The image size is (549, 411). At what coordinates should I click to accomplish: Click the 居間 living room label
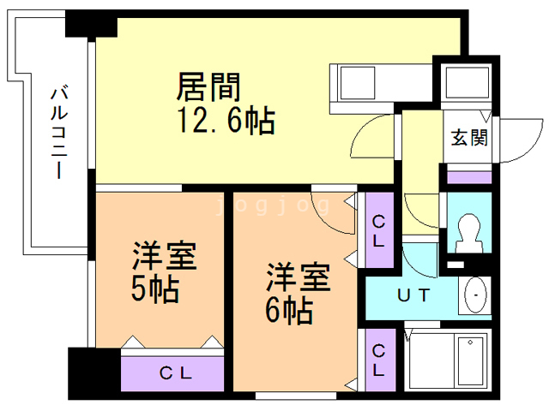tap(208, 86)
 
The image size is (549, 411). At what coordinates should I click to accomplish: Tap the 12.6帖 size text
tap(226, 121)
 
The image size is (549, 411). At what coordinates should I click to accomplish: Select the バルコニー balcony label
tap(59, 131)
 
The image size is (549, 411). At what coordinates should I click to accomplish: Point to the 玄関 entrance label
tap(469, 137)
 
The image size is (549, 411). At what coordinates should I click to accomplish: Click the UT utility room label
tap(413, 295)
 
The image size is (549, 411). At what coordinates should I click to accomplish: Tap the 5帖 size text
tap(155, 289)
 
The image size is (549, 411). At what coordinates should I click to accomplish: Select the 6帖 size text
tap(289, 310)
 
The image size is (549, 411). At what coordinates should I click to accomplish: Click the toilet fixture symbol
tap(469, 233)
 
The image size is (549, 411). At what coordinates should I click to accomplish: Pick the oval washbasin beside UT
tap(475, 295)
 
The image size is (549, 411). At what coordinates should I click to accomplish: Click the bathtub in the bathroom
tap(445, 360)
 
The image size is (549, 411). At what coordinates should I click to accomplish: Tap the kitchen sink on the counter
tap(358, 83)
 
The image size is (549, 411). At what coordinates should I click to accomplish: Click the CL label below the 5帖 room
tap(176, 373)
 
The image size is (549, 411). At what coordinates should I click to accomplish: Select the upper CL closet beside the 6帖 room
tap(379, 230)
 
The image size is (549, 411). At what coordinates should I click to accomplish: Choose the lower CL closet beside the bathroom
tap(380, 360)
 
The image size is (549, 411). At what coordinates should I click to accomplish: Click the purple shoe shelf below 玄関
tap(469, 177)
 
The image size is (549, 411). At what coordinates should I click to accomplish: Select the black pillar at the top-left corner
tap(91, 24)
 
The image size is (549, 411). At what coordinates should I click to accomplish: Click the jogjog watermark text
tap(273, 205)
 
